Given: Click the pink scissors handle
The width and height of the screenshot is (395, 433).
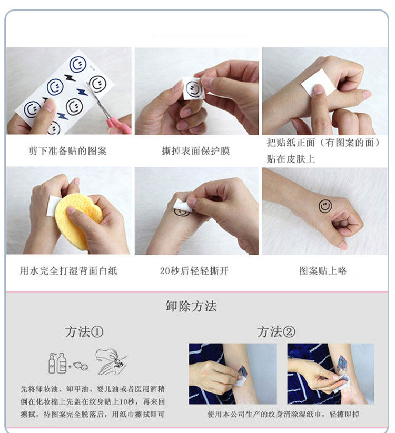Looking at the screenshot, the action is click(118, 126).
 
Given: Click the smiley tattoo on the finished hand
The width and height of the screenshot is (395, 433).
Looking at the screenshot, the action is click(325, 206).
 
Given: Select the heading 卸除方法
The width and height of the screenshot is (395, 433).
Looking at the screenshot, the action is click(191, 306).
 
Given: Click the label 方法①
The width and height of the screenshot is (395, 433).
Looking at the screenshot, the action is click(84, 331).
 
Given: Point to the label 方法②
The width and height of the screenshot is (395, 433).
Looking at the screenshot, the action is click(276, 331).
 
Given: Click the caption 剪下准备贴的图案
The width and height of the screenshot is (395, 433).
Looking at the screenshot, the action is click(67, 151).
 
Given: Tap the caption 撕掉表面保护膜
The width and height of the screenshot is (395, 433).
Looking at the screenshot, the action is click(196, 151).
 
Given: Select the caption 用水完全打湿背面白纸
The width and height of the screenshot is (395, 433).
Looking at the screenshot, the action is click(68, 270).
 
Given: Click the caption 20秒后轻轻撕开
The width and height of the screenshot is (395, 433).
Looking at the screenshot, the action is click(194, 270).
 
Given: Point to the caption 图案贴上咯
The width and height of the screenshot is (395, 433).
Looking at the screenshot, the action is click(323, 270).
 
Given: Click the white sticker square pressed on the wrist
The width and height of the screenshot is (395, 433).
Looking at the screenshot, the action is click(318, 82).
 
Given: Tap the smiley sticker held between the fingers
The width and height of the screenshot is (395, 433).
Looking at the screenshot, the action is click(193, 89).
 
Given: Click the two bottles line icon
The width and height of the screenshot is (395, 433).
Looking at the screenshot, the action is click(57, 363).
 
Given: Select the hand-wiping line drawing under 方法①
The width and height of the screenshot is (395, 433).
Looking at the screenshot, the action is click(111, 362).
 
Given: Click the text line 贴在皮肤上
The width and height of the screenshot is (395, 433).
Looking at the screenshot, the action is click(291, 159).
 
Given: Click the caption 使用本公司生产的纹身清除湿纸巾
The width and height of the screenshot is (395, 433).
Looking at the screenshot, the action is click(264, 414).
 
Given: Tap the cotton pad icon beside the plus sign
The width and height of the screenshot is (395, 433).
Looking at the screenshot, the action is click(81, 366).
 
